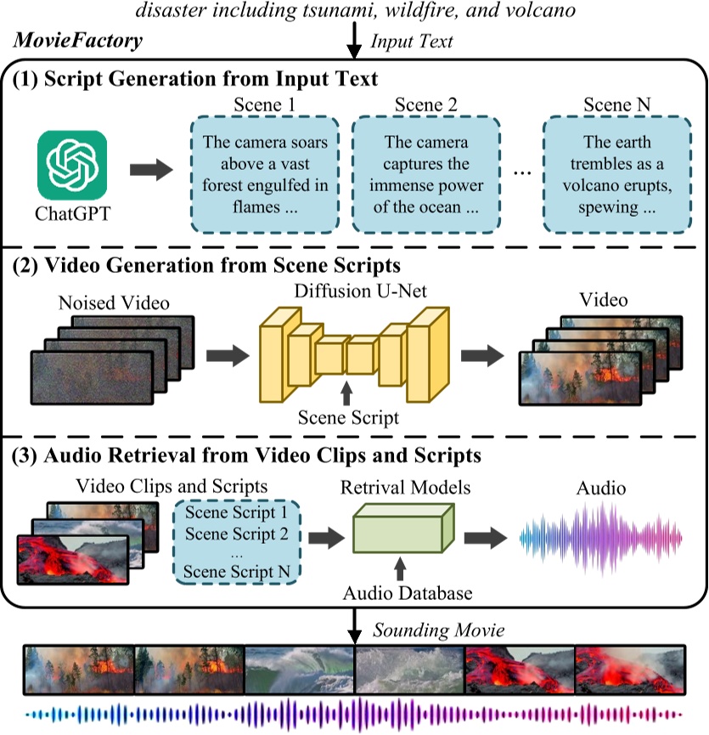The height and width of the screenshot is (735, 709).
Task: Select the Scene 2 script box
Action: tap(426, 176)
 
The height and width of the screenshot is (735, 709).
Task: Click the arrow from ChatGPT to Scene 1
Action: tap(150, 169)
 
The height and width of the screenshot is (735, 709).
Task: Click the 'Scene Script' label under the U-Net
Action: tap(346, 418)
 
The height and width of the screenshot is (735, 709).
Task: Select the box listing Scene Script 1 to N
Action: tap(235, 542)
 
